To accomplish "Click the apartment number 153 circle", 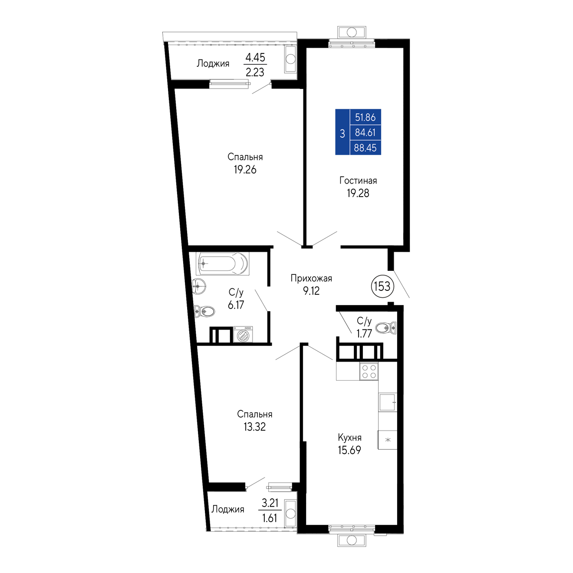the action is [x=382, y=286].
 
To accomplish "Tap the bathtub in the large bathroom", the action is [x=222, y=263].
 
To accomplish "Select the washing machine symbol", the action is [x=243, y=335].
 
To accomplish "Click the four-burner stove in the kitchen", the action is [x=369, y=372].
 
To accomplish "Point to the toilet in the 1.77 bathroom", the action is [x=385, y=328].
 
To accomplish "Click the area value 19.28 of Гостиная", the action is [x=358, y=194].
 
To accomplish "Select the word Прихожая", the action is [x=311, y=278].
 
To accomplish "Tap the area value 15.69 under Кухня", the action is [x=349, y=450].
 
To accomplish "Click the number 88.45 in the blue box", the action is [x=365, y=148].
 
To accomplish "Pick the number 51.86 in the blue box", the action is [x=366, y=118].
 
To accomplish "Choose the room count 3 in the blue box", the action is [x=342, y=134].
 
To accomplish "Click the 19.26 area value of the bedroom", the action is [x=245, y=170].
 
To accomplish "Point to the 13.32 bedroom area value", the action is [x=254, y=427].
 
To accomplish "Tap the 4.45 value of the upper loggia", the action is [x=255, y=57].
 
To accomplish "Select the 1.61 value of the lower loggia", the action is [x=270, y=518].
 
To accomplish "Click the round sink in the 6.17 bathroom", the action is [x=199, y=286].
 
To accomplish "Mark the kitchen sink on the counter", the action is [x=388, y=402].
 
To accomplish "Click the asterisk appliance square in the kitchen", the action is [x=388, y=440].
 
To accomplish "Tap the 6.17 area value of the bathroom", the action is [x=236, y=305].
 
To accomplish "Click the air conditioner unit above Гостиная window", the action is [x=352, y=32].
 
